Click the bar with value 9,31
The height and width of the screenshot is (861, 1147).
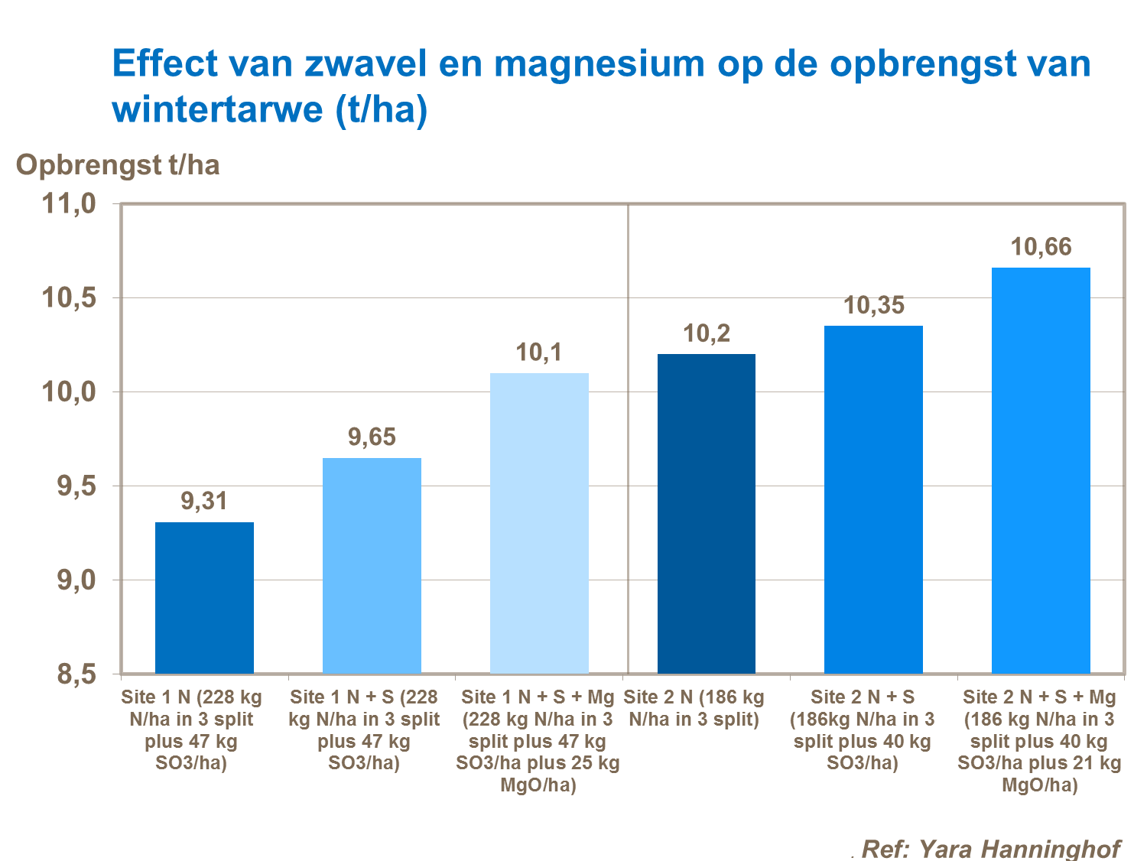pos(204,598)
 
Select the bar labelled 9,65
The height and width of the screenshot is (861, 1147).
pos(372,566)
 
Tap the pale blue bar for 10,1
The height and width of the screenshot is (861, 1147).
pos(539,524)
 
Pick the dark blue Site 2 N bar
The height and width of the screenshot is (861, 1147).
pos(707,514)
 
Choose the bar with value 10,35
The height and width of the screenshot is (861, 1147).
pos(873,499)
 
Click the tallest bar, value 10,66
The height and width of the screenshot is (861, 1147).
pos(1041,470)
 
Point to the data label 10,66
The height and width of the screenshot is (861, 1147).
pos(1041,247)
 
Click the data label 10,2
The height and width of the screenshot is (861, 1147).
pos(707,333)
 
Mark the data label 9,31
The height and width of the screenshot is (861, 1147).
pos(204,502)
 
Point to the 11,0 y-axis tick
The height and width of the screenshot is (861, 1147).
pos(69,204)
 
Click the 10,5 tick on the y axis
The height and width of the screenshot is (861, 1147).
pos(69,298)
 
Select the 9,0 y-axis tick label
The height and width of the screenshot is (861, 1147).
pos(76,580)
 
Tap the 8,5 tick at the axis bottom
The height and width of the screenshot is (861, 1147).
pos(76,674)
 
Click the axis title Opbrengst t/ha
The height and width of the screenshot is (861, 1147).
pos(118,165)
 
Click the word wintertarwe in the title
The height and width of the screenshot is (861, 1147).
pos(218,109)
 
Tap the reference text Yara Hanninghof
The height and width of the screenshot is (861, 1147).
pos(1019,848)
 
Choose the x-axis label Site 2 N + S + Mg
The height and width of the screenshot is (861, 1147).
pos(1039,741)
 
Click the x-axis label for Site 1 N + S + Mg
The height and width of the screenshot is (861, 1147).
pos(538,741)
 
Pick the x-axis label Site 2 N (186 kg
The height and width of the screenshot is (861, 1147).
pos(694,708)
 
